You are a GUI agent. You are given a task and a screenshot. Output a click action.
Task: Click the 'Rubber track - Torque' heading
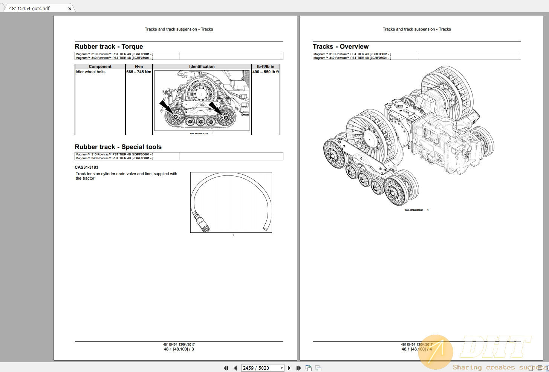[109, 47]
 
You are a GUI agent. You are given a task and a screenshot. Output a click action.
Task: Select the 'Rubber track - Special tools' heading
[118, 147]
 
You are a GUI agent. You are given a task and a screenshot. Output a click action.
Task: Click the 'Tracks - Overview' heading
[341, 47]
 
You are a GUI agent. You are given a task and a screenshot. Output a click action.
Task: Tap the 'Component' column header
[100, 67]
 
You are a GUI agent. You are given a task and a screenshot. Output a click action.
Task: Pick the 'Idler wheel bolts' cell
[91, 72]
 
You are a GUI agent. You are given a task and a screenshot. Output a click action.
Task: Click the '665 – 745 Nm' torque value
[139, 72]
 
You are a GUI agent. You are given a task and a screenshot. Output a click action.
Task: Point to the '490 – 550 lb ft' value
[266, 72]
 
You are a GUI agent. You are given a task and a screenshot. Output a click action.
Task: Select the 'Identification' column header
[202, 67]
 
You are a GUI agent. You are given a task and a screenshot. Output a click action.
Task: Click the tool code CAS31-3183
[86, 168]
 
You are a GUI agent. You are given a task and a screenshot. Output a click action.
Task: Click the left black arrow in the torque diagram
[165, 106]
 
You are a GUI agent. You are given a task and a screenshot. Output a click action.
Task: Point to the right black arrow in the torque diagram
[215, 108]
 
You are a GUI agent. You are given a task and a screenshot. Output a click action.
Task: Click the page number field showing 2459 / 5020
[260, 368]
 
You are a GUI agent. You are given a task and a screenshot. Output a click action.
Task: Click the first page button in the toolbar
[226, 368]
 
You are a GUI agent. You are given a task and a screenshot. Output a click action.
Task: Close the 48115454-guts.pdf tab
[70, 9]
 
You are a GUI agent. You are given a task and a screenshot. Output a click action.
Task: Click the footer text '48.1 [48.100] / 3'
[179, 349]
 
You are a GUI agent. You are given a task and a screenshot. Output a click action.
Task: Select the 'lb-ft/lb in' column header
[265, 67]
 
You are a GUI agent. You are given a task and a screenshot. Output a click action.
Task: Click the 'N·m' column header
[139, 67]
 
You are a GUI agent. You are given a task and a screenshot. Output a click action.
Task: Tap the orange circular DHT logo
[436, 352]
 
